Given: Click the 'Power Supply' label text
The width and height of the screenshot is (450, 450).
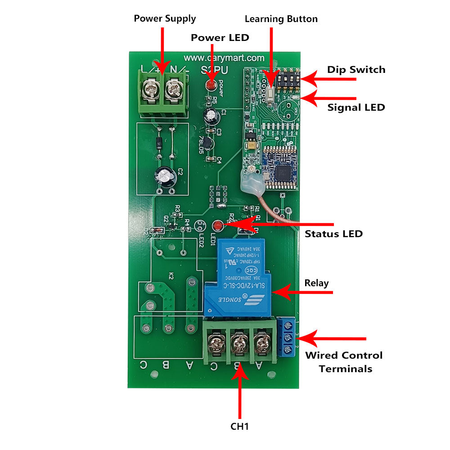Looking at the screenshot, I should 165,18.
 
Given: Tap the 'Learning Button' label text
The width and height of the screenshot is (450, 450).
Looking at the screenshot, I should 281,19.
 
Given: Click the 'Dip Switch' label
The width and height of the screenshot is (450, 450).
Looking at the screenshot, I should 356,70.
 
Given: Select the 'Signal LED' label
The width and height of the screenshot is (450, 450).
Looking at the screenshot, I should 356,108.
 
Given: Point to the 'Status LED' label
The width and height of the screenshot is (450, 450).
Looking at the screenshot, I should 333,234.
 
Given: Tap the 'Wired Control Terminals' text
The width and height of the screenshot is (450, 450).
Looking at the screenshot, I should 344,362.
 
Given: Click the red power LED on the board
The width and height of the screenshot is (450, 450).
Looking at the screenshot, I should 210,85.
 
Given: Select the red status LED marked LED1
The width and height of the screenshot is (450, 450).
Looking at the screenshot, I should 218,225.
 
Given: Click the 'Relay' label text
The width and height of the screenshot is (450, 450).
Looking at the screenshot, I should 316,283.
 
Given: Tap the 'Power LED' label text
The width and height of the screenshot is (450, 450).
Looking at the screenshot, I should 220,37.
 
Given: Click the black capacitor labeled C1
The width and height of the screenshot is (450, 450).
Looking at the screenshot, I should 210,115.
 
